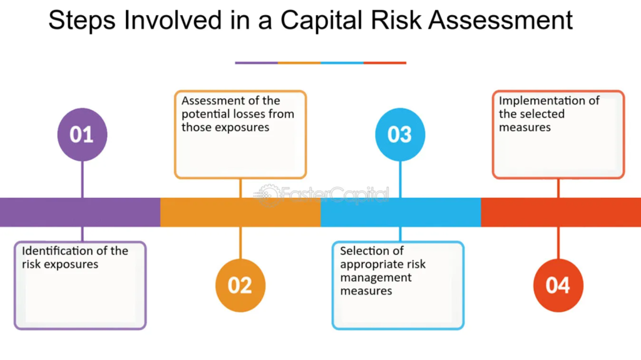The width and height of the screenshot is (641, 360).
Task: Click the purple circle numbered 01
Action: pyautogui.click(x=82, y=134)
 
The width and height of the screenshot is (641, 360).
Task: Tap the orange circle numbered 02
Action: pyautogui.click(x=240, y=285)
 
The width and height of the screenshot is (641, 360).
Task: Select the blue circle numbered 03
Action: pyautogui.click(x=400, y=134)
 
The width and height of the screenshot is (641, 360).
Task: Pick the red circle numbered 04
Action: pyautogui.click(x=558, y=285)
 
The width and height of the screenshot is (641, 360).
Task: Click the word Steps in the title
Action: pyautogui.click(x=82, y=20)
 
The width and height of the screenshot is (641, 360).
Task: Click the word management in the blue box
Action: pyautogui.click(x=376, y=278)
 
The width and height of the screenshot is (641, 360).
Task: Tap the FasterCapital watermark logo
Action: pyautogui.click(x=321, y=195)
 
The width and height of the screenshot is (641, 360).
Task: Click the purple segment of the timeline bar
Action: pyautogui.click(x=80, y=212)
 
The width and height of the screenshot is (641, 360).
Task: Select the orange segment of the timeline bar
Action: pyautogui.click(x=240, y=212)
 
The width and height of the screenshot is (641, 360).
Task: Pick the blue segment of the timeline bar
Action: pyautogui.click(x=401, y=212)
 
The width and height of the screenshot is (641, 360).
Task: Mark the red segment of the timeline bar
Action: pyautogui.click(x=561, y=212)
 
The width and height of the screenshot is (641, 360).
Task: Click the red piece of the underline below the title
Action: pyautogui.click(x=385, y=63)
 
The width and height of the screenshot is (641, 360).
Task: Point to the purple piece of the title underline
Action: pyautogui.click(x=256, y=63)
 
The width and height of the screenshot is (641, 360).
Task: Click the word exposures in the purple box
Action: pyautogui.click(x=76, y=265)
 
